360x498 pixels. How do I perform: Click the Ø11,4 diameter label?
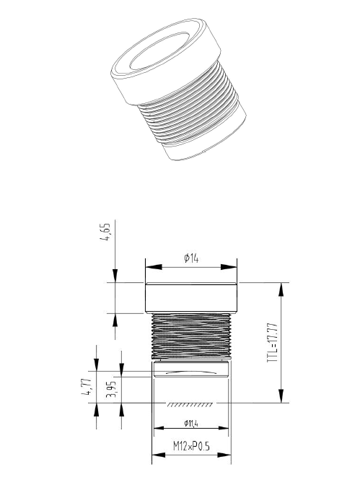pos(191,422)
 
